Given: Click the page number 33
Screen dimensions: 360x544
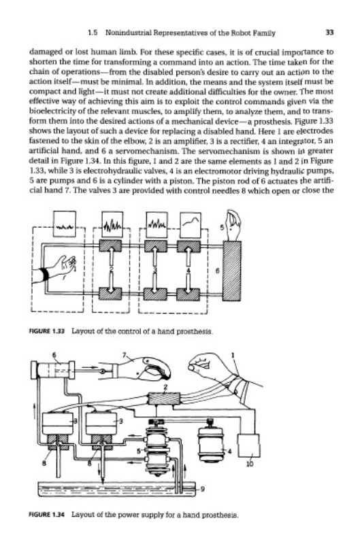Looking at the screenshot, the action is [329, 33].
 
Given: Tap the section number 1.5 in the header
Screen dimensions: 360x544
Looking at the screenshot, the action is [93, 33].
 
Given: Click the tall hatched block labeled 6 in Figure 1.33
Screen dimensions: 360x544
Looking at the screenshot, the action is [231, 271].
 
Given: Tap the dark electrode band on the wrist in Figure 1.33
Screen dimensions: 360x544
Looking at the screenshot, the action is [44, 275].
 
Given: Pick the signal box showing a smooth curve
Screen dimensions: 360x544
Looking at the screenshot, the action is [191, 224].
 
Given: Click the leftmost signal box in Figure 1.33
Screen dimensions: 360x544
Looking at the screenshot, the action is [65, 224].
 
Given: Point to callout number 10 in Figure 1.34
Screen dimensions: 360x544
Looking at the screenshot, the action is [250, 464].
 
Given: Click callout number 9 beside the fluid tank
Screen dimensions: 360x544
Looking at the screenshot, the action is [203, 490].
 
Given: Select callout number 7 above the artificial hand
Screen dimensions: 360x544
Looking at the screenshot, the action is [124, 354].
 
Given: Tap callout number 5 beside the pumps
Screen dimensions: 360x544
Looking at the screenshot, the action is [139, 451].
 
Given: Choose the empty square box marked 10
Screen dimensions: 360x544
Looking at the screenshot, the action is [248, 445].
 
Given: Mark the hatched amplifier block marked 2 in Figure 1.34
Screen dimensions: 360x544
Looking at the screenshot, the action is [164, 399].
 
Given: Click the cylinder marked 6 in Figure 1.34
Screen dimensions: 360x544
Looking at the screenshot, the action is [53, 370].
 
